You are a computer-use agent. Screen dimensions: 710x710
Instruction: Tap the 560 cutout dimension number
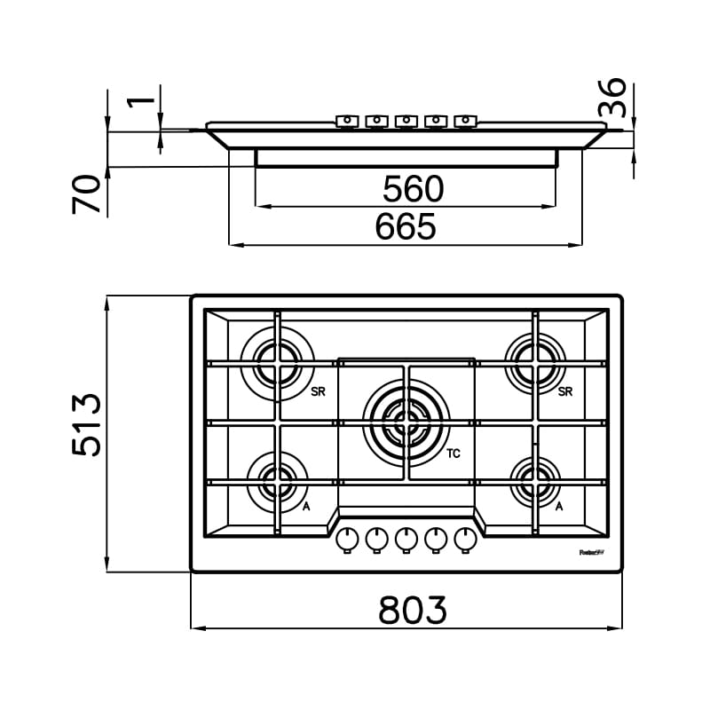pyautogui.click(x=413, y=188)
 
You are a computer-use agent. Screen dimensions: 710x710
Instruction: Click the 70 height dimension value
pyautogui.click(x=87, y=193)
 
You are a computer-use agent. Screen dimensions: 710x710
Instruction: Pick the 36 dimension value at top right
pyautogui.click(x=612, y=98)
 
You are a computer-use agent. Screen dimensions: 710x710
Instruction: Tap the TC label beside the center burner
pyautogui.click(x=454, y=454)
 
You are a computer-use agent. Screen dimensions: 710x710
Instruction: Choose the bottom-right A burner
pyautogui.click(x=536, y=481)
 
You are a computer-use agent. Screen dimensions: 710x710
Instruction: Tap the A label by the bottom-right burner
pyautogui.click(x=560, y=506)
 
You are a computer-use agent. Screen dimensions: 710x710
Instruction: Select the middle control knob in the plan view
pyautogui.click(x=406, y=539)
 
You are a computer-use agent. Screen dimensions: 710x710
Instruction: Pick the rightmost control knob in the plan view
pyautogui.click(x=465, y=539)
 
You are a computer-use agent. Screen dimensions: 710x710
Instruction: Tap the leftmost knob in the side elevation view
pyautogui.click(x=347, y=121)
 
